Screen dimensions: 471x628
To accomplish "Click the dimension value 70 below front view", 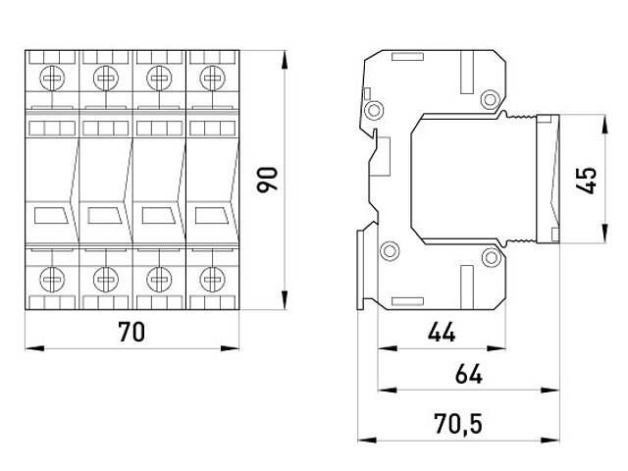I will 131,333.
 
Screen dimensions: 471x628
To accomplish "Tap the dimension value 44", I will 442,333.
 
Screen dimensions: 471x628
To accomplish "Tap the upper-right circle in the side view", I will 490,98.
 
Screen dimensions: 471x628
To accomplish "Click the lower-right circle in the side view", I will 490,259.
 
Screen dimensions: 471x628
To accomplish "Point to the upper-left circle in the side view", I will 373,106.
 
